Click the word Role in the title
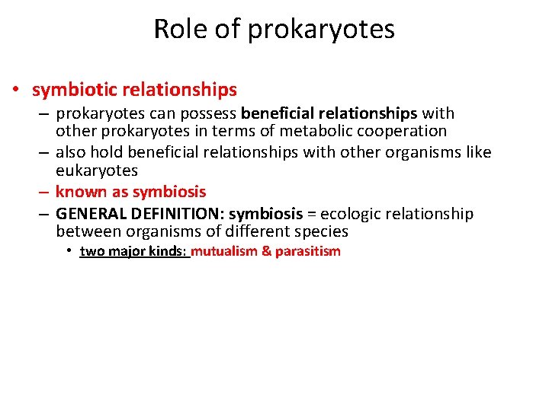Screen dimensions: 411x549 point(175,29)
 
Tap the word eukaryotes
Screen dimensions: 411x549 point(97,170)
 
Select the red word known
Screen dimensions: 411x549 point(80,192)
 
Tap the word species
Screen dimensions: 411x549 point(319,231)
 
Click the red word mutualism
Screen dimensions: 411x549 point(223,251)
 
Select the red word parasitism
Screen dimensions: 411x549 point(307,251)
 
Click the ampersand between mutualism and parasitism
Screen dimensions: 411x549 point(266,251)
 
